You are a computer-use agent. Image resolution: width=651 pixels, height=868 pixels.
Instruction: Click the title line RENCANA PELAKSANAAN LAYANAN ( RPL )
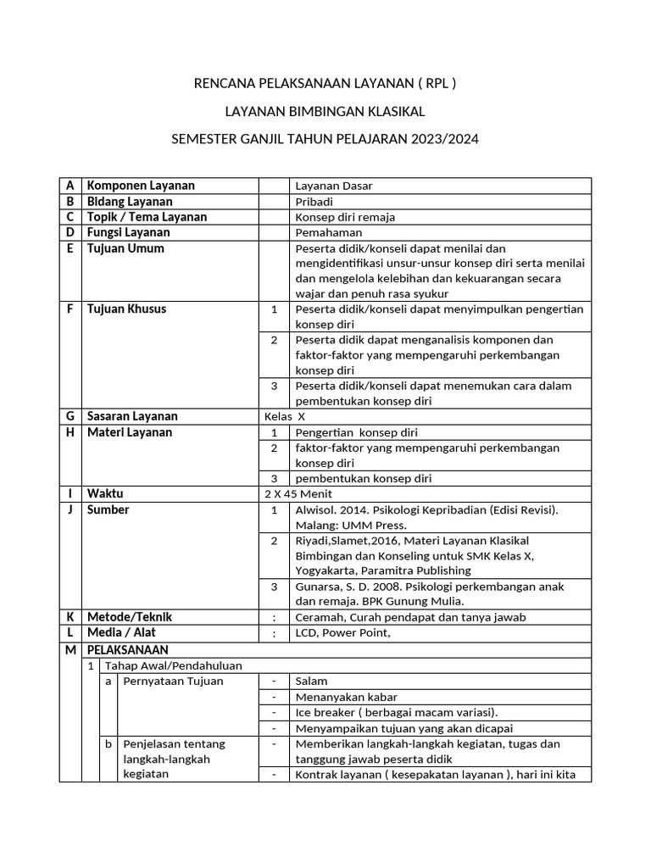[325, 83]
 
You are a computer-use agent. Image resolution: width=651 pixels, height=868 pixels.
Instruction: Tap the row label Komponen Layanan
[141, 186]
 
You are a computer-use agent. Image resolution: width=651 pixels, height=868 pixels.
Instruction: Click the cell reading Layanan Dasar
[334, 186]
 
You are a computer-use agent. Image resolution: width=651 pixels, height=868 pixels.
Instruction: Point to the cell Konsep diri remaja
[345, 217]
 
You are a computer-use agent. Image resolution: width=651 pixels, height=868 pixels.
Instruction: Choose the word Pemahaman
[329, 232]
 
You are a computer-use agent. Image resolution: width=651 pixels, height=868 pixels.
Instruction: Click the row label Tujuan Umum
[125, 248]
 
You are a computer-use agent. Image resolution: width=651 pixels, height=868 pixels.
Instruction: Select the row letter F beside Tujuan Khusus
[70, 309]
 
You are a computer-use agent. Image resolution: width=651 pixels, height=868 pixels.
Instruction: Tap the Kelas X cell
[285, 417]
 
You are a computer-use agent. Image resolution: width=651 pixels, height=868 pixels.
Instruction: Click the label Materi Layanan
[130, 432]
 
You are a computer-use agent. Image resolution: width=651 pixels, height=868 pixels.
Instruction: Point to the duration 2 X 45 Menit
[298, 493]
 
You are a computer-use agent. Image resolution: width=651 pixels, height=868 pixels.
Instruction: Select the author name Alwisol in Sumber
[316, 509]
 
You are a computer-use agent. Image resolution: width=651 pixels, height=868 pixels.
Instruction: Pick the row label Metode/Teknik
[130, 617]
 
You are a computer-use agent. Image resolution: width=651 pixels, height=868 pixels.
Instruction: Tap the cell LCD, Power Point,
[342, 633]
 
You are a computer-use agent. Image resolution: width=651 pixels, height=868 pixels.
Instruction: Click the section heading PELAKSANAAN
[127, 649]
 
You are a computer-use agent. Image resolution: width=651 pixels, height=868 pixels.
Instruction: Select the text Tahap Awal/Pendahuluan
[161, 665]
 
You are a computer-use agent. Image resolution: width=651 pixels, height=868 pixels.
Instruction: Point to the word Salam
[311, 681]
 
